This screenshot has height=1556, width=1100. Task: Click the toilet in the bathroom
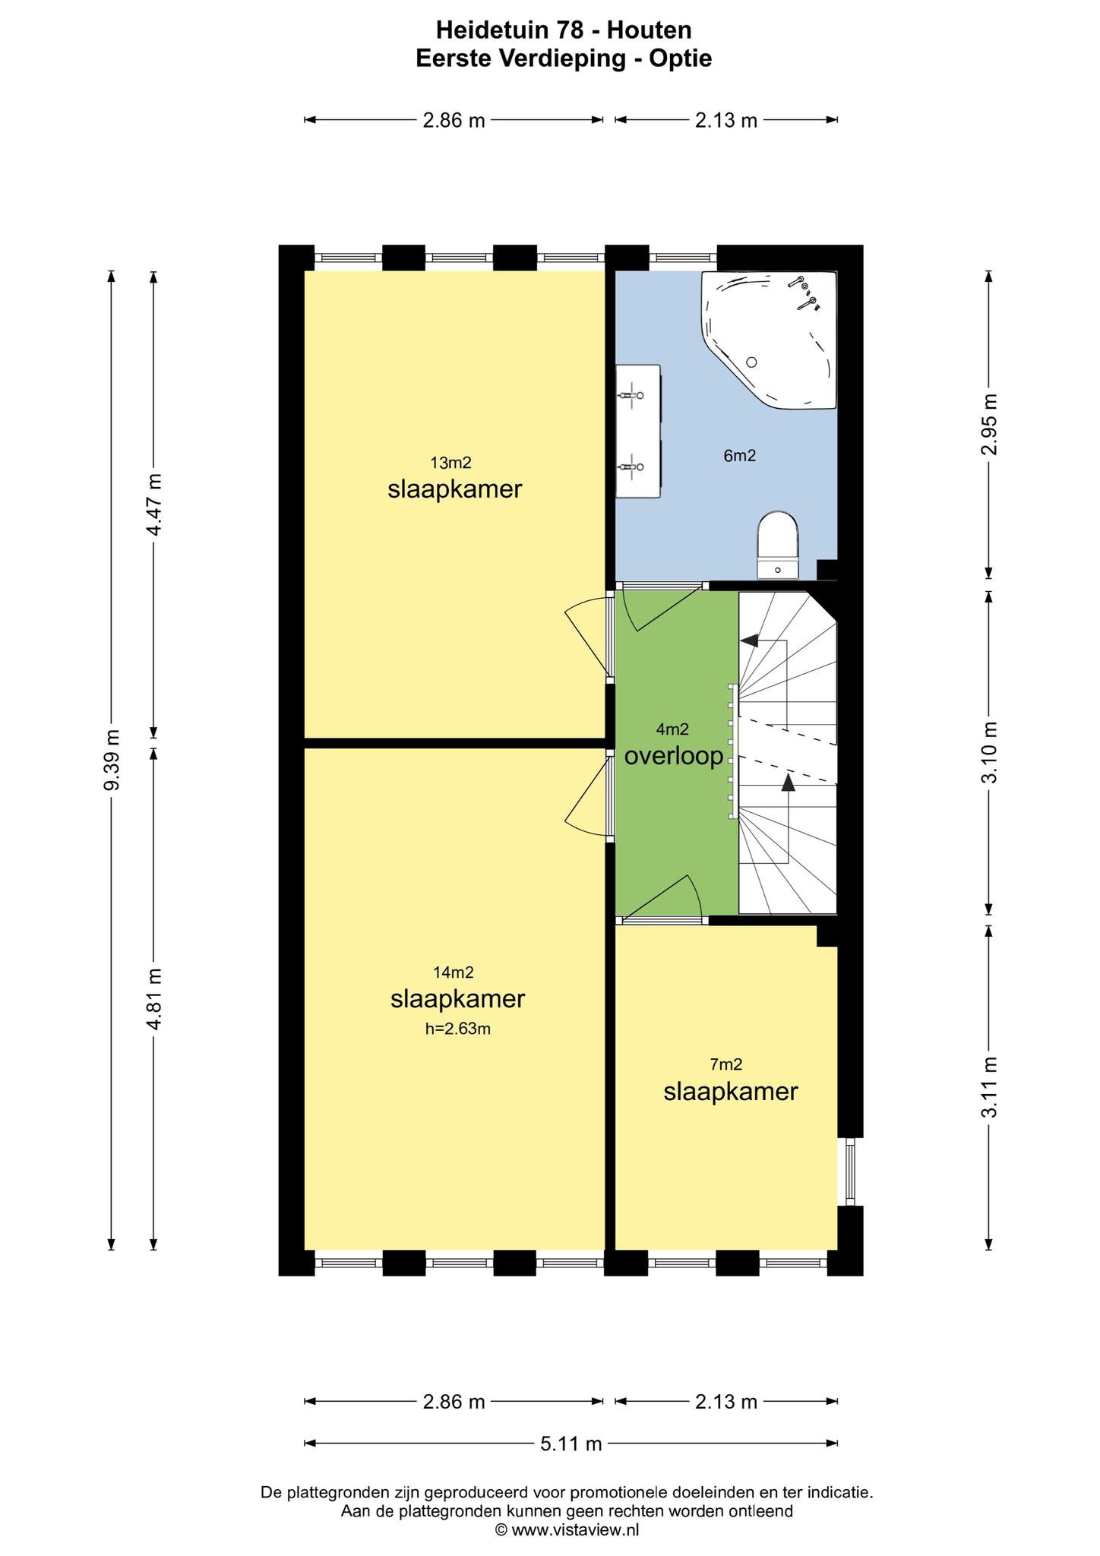(778, 544)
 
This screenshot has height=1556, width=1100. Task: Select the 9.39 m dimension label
(112, 759)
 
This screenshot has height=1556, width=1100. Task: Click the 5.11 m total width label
(571, 1443)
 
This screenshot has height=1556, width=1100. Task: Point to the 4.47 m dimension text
(154, 504)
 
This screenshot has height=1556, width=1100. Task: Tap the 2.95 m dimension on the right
(989, 424)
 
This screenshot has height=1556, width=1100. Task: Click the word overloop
(674, 757)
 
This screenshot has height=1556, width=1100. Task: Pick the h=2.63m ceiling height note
(458, 1029)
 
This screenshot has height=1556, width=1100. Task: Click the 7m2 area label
(726, 1064)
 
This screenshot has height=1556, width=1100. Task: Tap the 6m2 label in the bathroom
(740, 456)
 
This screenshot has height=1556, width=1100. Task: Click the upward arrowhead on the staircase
(788, 783)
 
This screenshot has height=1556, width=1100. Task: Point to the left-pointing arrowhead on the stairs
(750, 640)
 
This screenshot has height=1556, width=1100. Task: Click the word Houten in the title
(650, 30)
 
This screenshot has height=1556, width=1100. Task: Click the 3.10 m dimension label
(989, 752)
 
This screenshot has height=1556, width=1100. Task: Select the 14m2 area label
(454, 972)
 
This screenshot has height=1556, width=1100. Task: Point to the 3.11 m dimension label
(989, 1087)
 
